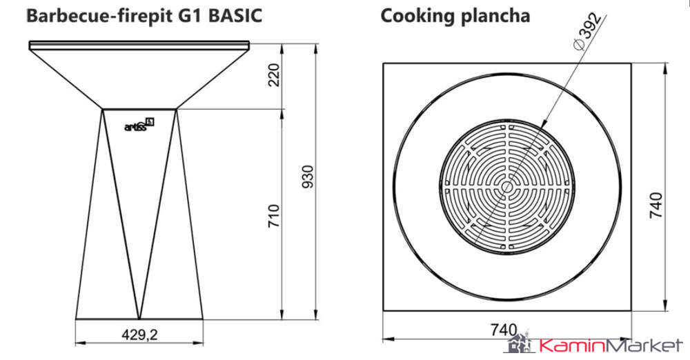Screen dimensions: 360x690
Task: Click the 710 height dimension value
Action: point(275,216)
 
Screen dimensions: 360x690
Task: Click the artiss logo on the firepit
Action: point(139,124)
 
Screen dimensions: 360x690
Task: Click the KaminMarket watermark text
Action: point(610,346)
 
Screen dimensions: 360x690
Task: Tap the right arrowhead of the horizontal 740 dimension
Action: point(628,339)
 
